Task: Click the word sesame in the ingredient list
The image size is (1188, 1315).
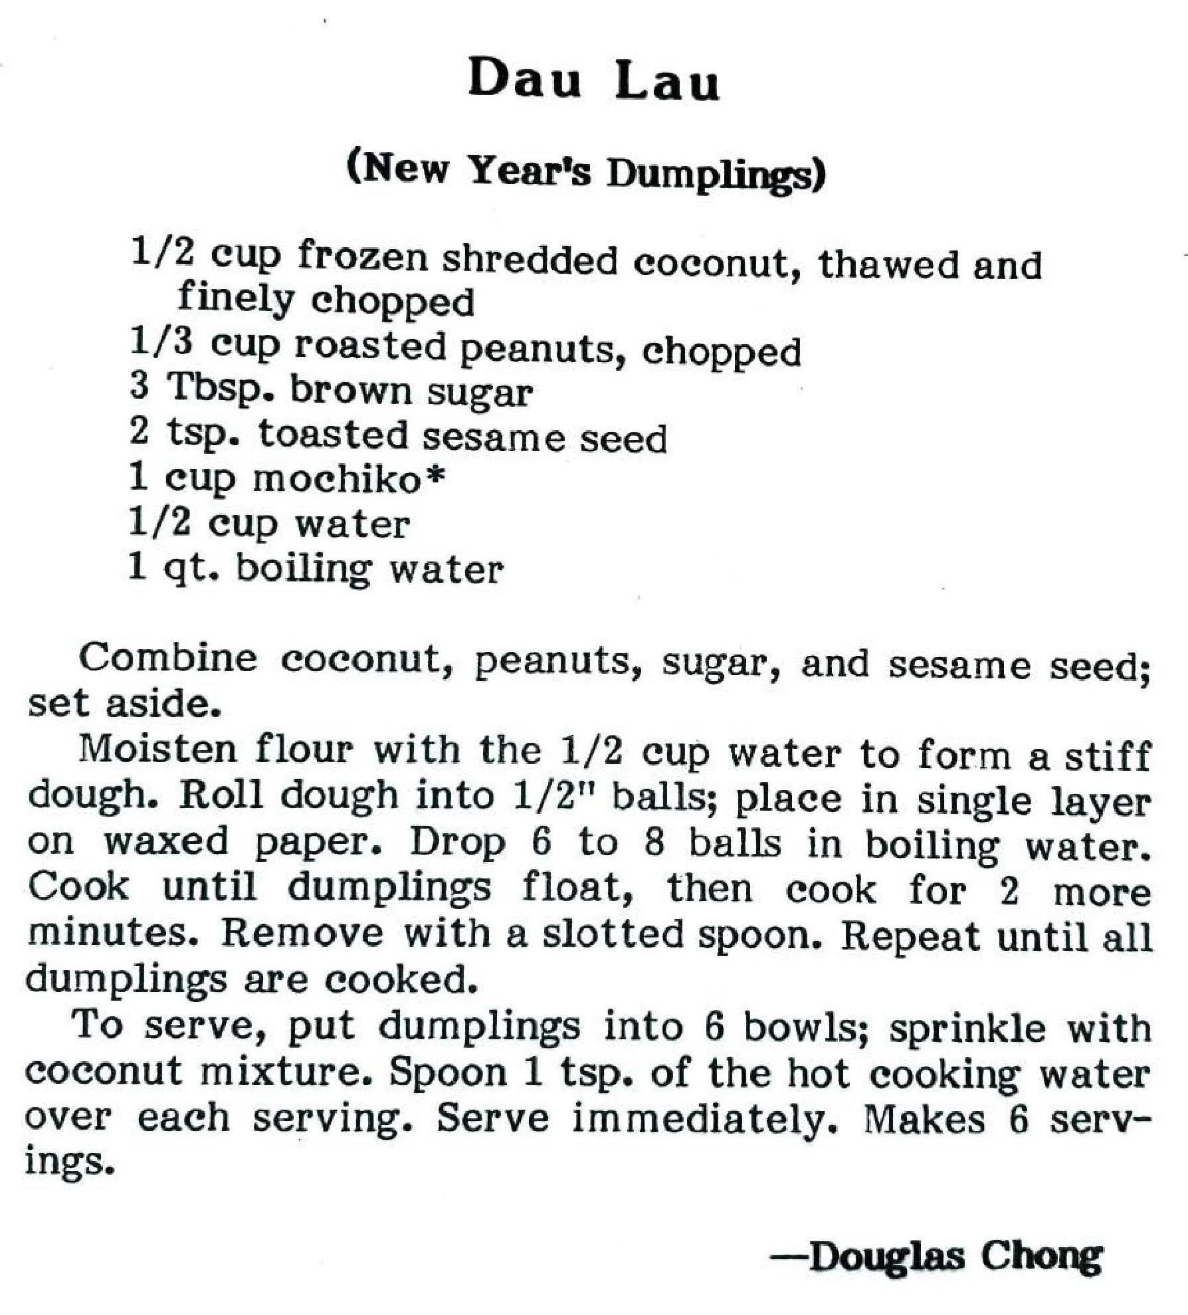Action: point(494,437)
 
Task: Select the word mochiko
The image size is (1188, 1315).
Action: point(338,480)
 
